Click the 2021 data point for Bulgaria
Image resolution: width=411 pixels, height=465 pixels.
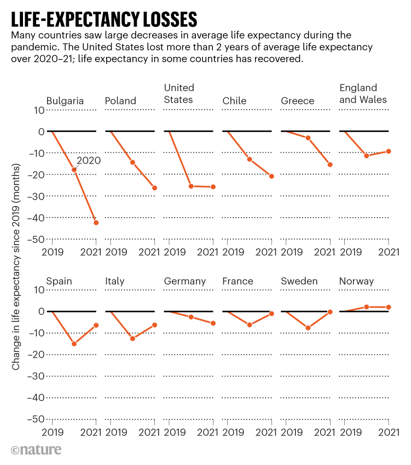pos(96,223)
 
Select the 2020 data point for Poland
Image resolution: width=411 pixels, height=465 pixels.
pos(132,162)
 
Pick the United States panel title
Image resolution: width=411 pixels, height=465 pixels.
pos(179,94)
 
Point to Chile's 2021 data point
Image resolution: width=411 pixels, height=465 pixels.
pos(271,176)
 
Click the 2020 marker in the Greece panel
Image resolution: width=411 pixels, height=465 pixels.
pos(308,138)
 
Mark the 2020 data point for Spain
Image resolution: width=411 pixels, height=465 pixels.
pos(74,344)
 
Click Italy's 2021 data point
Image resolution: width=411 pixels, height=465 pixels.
pos(155,325)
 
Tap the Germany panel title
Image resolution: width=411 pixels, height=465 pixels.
pos(185,281)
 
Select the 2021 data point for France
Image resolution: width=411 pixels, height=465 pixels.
pos(271,313)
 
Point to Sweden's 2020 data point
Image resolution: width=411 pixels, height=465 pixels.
pos(308,328)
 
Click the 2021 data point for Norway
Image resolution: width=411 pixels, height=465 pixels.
pos(389,307)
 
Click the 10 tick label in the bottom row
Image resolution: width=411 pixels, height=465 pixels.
pos(38,289)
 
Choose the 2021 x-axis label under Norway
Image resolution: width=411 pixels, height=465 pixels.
pos(389,432)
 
